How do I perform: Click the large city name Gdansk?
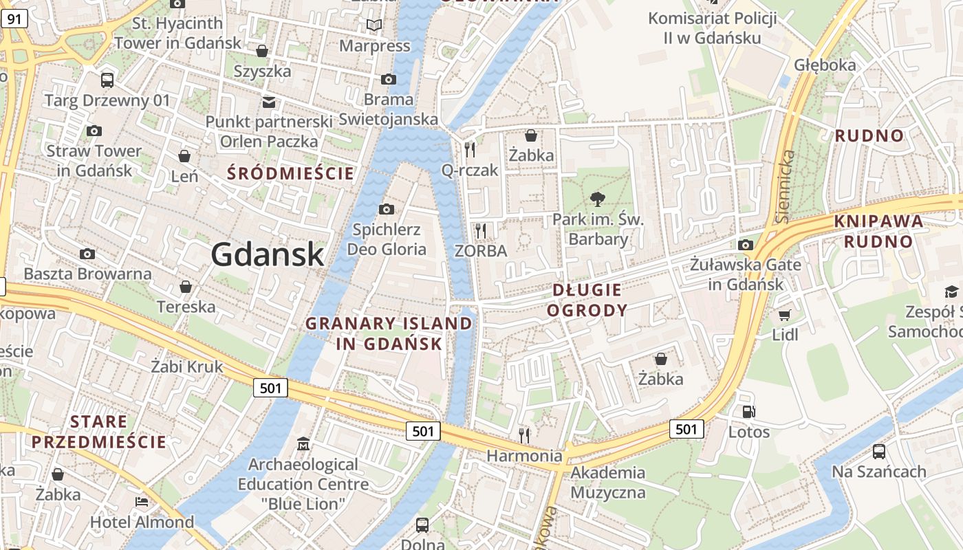click(267, 254)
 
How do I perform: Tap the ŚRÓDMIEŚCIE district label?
click(290, 173)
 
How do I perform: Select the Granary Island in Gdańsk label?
click(389, 333)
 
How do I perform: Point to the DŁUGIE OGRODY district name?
click(587, 300)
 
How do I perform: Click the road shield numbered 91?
click(14, 19)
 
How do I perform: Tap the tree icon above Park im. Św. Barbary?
click(598, 199)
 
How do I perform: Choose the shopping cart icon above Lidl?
click(784, 315)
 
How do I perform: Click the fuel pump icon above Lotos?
click(748, 412)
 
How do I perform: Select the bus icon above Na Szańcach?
click(878, 452)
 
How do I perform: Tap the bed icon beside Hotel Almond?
click(142, 502)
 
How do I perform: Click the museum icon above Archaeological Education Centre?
click(303, 444)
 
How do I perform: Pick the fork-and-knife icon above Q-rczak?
click(470, 149)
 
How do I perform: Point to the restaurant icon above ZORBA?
click(481, 230)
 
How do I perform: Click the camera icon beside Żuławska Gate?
click(745, 245)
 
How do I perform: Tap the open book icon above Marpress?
click(374, 25)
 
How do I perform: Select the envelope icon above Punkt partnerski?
click(268, 102)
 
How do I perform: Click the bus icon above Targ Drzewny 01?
click(107, 80)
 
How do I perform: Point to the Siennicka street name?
click(786, 186)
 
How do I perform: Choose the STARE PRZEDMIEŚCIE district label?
click(98, 432)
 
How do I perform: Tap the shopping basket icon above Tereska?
click(185, 286)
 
